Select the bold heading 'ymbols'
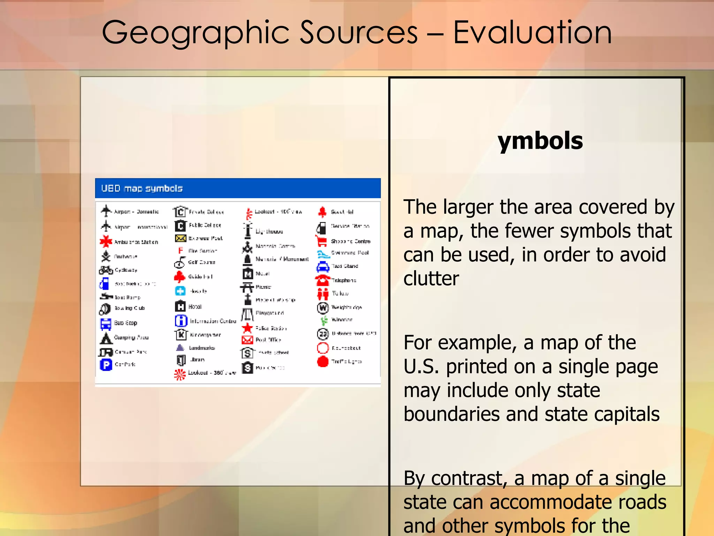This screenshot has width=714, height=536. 540,141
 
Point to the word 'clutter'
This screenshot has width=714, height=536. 431,278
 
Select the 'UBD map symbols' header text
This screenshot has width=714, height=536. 142,188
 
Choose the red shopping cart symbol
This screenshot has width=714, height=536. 321,241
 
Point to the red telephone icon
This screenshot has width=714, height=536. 322,280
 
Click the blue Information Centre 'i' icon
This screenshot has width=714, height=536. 181,321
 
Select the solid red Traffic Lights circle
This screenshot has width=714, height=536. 323,362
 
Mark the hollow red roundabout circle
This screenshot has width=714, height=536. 323,348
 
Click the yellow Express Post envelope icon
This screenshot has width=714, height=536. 181,238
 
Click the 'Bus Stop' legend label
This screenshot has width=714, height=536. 126,323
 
